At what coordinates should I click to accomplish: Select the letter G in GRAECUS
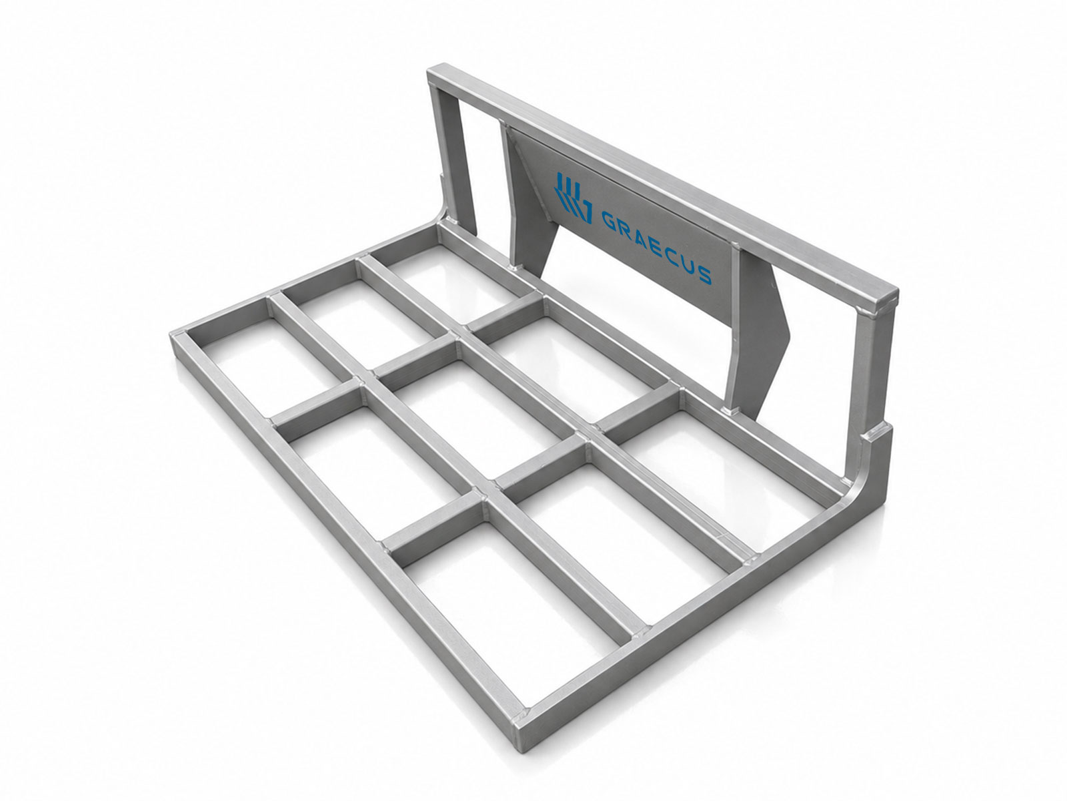pyautogui.click(x=610, y=220)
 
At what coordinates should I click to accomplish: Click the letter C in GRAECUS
pyautogui.click(x=673, y=255)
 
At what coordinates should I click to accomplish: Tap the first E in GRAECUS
pyautogui.click(x=658, y=246)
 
